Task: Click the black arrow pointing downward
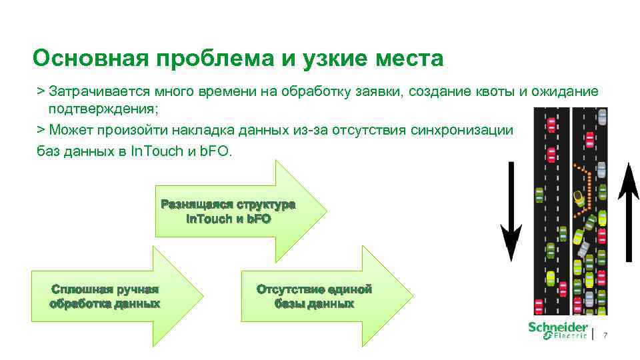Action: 511,212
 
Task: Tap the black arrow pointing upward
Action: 628,212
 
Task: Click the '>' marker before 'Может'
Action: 41,130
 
